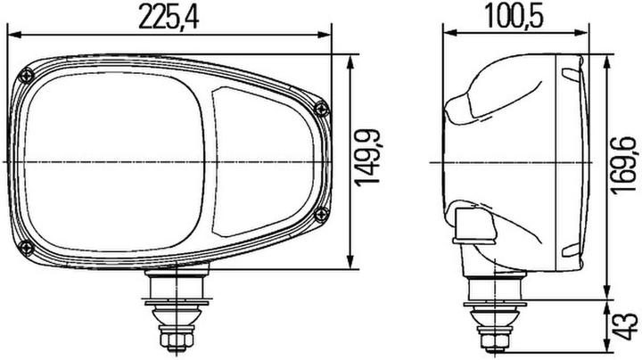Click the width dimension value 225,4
[169, 17]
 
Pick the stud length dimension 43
[625, 330]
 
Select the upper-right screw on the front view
[321, 108]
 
